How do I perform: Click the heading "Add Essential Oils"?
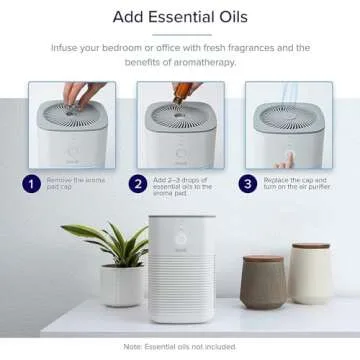click(x=180, y=17)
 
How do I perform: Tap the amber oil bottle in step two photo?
click(x=182, y=92)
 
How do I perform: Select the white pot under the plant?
click(x=121, y=285)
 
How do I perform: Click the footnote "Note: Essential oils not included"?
click(x=180, y=346)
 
